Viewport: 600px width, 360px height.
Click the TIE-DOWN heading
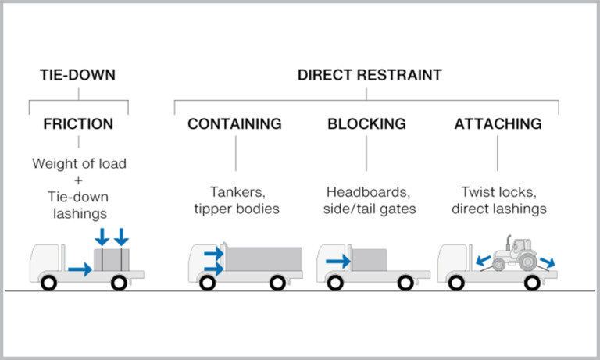tap(78, 76)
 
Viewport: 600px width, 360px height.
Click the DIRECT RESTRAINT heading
tap(370, 76)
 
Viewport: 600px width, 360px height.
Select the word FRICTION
tap(78, 124)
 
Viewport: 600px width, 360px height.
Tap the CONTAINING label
tap(234, 124)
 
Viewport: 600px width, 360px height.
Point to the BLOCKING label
tap(366, 124)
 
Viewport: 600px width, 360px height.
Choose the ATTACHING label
tap(498, 124)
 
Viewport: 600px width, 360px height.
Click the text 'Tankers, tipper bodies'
tap(234, 200)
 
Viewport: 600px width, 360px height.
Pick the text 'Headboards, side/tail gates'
tap(366, 200)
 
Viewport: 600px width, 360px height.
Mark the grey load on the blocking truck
tap(369, 259)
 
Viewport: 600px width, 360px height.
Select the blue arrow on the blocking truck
tap(337, 262)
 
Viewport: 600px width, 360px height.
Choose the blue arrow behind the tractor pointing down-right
tap(549, 261)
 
